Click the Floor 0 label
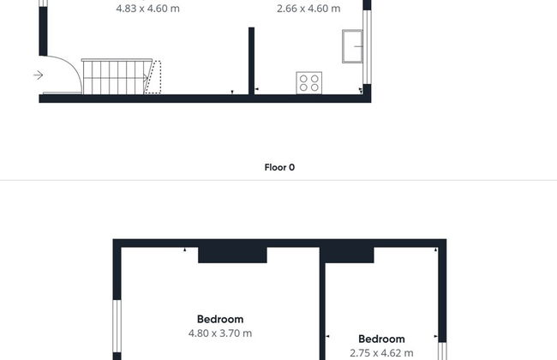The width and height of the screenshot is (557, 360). click(279, 167)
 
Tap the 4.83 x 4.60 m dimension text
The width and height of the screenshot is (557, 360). click(147, 9)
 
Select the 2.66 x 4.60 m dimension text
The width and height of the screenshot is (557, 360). click(308, 9)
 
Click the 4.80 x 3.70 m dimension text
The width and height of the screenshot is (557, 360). click(220, 333)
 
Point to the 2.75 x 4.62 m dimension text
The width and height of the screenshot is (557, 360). click(381, 353)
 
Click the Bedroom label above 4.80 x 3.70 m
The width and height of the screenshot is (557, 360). click(220, 319)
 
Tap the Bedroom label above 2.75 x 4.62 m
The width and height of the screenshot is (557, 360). click(381, 339)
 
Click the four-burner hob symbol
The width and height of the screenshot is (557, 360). click(309, 83)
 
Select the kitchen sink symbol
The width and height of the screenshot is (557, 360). click(352, 46)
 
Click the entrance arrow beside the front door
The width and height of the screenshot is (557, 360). click(39, 75)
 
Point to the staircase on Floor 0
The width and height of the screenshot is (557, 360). click(117, 77)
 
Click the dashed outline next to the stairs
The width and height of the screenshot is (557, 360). click(153, 77)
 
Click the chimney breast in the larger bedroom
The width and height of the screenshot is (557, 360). click(232, 255)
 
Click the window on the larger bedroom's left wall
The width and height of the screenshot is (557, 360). click(117, 327)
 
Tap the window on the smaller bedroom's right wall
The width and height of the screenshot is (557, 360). click(442, 351)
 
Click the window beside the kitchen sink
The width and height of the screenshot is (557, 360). click(367, 47)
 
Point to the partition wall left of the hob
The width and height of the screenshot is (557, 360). click(251, 61)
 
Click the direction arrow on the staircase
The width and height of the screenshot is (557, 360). click(146, 78)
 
